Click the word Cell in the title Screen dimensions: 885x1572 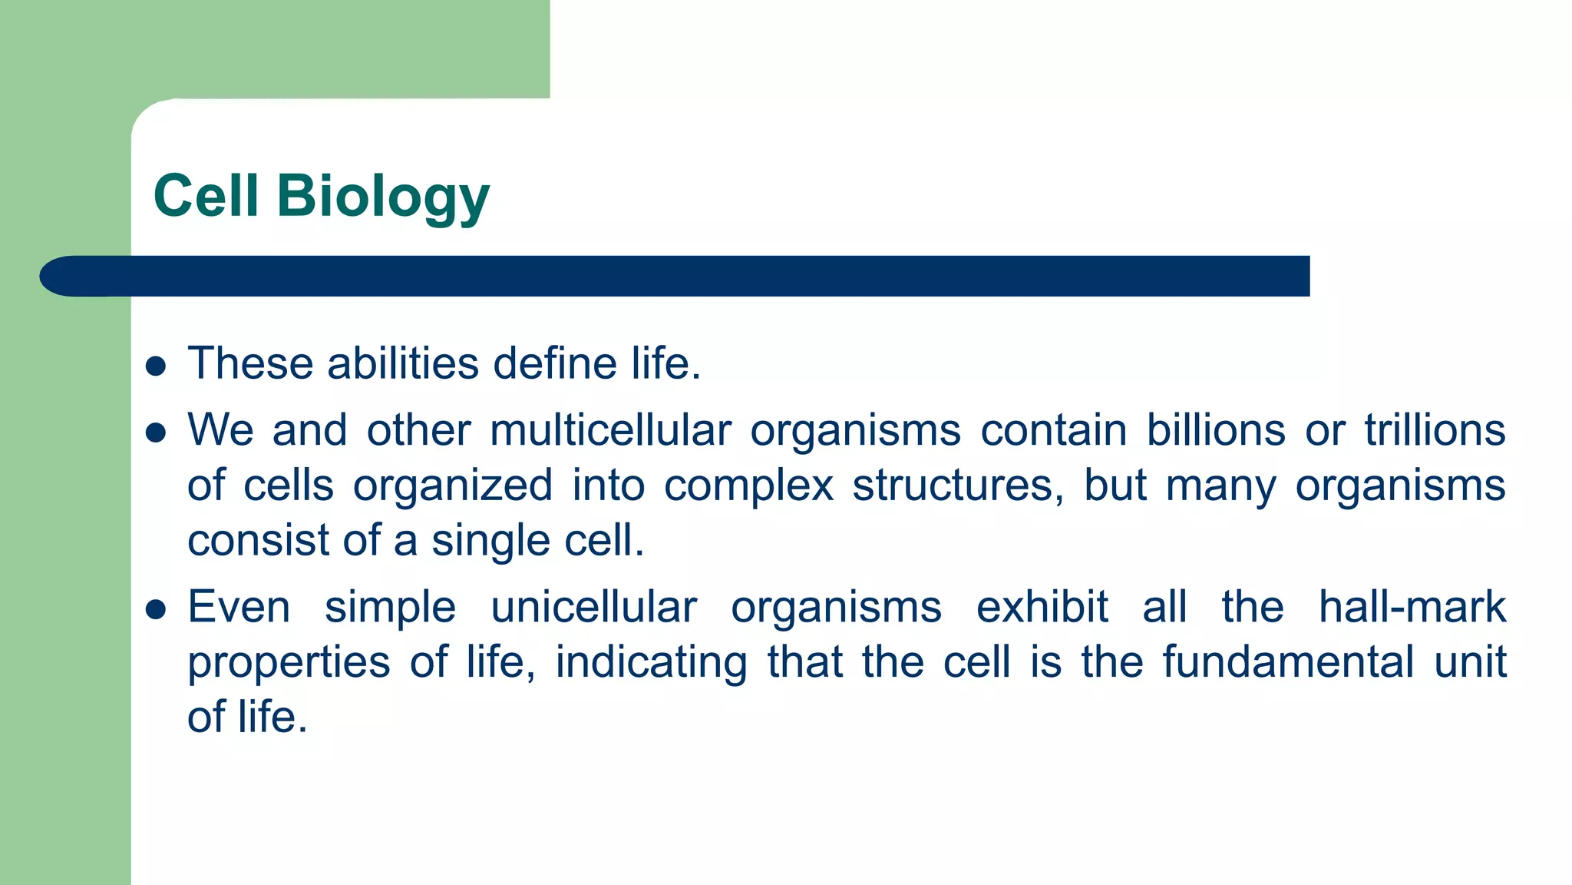206,196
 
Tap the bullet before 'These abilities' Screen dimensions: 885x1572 156,366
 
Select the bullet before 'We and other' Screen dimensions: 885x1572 156,433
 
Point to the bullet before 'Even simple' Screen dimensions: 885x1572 156,609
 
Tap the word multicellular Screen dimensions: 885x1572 610,429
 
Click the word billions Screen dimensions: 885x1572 1216,429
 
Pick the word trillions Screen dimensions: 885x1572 1435,429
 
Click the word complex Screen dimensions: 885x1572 748,486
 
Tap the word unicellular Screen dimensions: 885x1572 593,607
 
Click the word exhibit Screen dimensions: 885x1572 1042,607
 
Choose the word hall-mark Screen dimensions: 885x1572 1412,607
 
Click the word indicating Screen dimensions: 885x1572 651,663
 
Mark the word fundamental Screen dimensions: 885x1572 1287,661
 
